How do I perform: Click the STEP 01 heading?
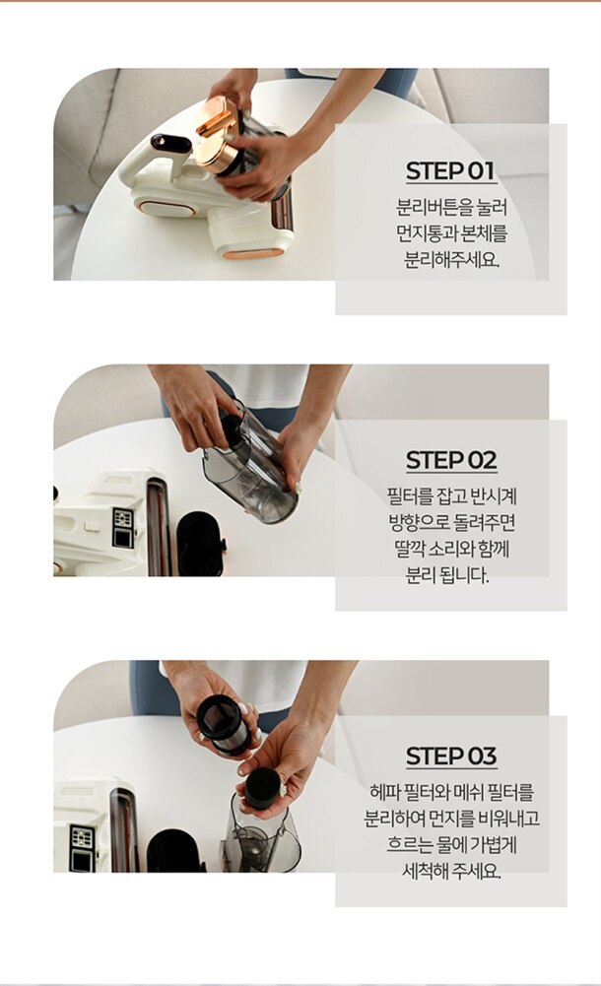coord(451,171)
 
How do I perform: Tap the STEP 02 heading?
coord(451,460)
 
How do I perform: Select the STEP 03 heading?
coord(451,756)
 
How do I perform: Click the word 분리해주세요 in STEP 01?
coord(451,259)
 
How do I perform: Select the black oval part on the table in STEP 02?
coord(201,544)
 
